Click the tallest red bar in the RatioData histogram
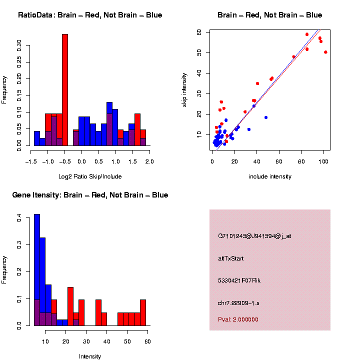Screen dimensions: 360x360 click(64, 90)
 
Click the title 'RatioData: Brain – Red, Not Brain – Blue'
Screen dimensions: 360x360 click(90, 15)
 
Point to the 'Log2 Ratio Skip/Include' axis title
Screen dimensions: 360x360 click(89, 176)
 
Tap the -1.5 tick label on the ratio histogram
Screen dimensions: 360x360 click(31, 162)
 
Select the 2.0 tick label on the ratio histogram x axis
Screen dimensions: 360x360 click(149, 162)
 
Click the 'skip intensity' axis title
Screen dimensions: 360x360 click(184, 89)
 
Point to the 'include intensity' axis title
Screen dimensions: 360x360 click(270, 176)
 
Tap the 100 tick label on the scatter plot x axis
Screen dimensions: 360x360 click(323, 161)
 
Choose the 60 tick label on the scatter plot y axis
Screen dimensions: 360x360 click(199, 31)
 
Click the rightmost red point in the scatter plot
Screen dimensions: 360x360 click(325, 52)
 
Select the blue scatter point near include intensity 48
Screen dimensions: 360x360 click(266, 117)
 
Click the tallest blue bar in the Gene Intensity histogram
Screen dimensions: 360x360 click(37, 270)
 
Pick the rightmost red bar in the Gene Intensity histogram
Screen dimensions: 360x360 click(143, 312)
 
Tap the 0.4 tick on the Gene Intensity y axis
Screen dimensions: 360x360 click(19, 218)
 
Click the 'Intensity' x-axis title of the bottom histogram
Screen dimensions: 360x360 click(90, 356)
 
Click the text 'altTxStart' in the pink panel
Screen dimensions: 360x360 click(231, 258)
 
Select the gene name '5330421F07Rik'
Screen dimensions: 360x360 click(239, 280)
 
